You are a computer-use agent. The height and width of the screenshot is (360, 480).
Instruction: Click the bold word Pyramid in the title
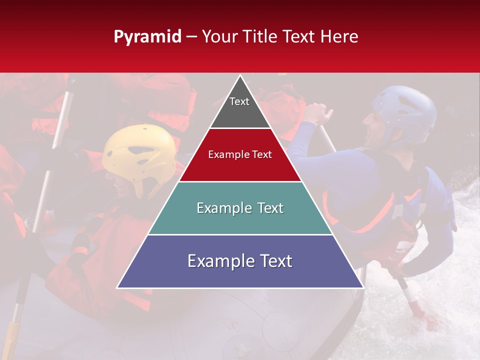click(147, 37)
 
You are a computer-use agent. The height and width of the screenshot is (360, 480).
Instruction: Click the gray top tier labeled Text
click(239, 107)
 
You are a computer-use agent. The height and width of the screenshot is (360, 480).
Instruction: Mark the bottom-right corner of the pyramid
click(362, 287)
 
